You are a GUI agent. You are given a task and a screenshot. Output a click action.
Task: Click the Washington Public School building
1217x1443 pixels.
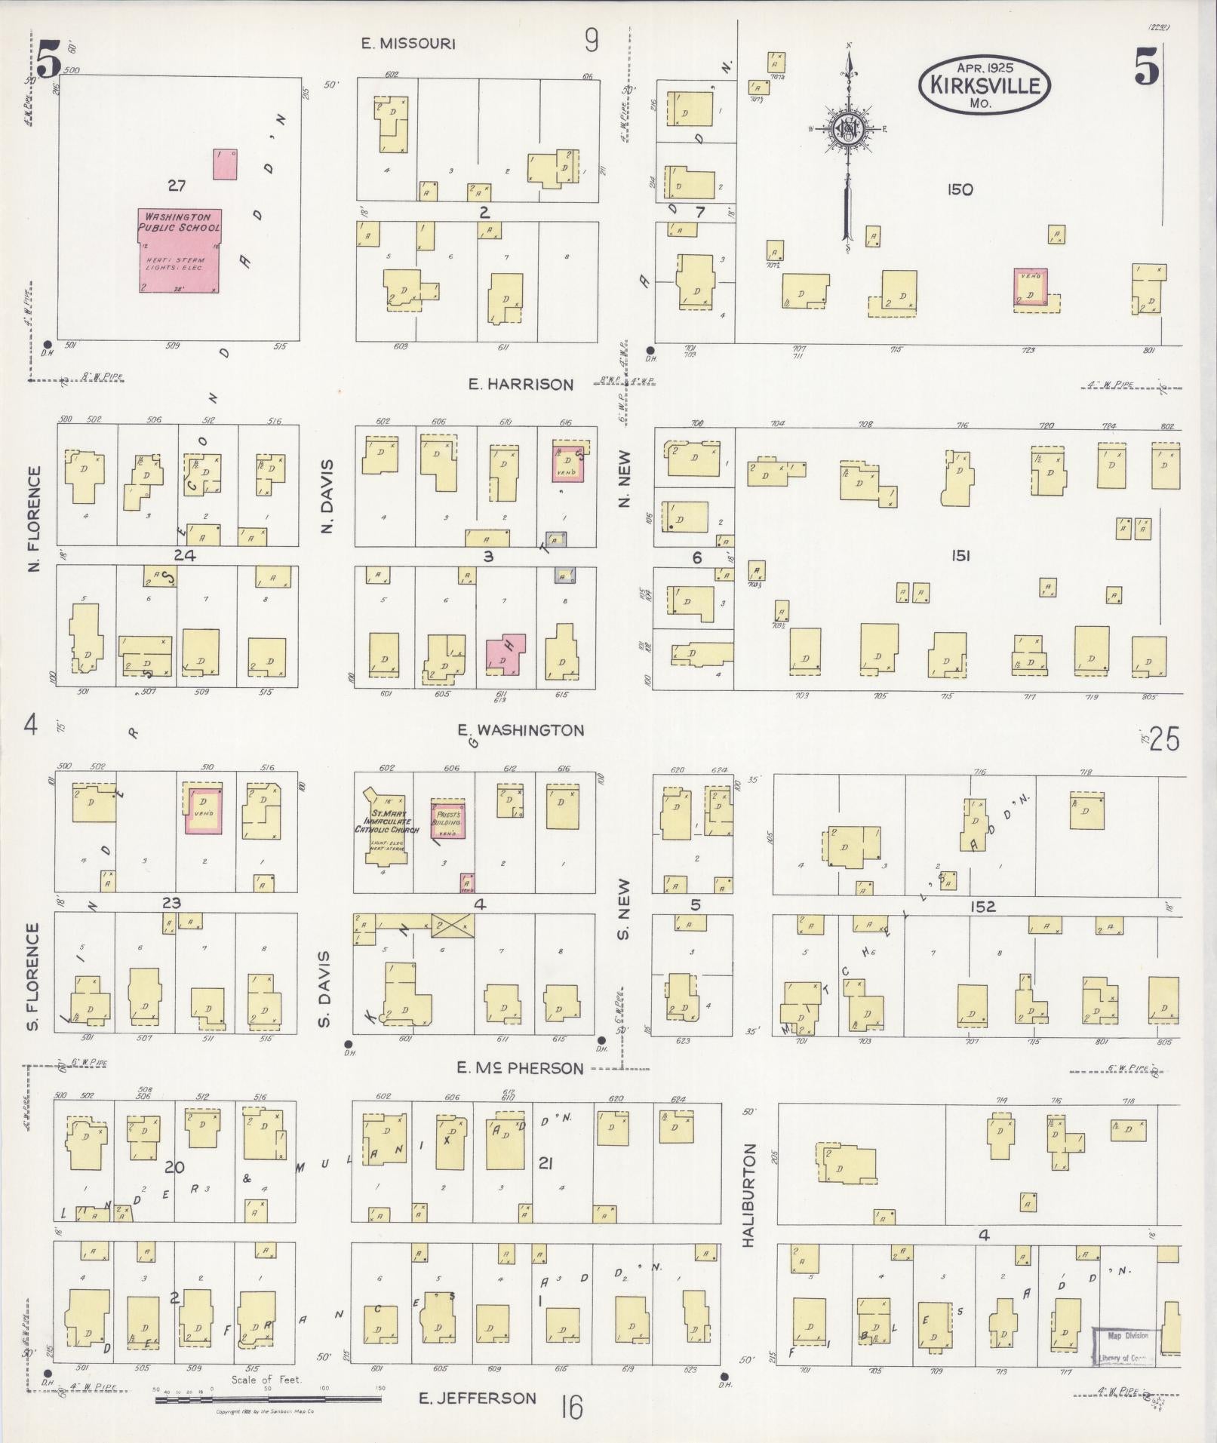(x=180, y=250)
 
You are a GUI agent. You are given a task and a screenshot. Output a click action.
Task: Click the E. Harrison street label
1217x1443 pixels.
(x=520, y=385)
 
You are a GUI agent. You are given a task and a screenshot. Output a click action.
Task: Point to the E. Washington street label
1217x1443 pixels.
(x=520, y=730)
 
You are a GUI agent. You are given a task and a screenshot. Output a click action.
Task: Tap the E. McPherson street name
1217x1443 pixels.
(x=520, y=1068)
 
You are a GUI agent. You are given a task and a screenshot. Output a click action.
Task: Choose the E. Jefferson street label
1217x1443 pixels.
(x=477, y=1398)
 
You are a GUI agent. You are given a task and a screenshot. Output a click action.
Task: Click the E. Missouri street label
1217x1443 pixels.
(x=407, y=44)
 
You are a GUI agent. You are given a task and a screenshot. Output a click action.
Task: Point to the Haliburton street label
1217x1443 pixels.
(x=749, y=1206)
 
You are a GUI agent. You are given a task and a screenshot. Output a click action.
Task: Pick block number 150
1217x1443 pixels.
(x=959, y=190)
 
